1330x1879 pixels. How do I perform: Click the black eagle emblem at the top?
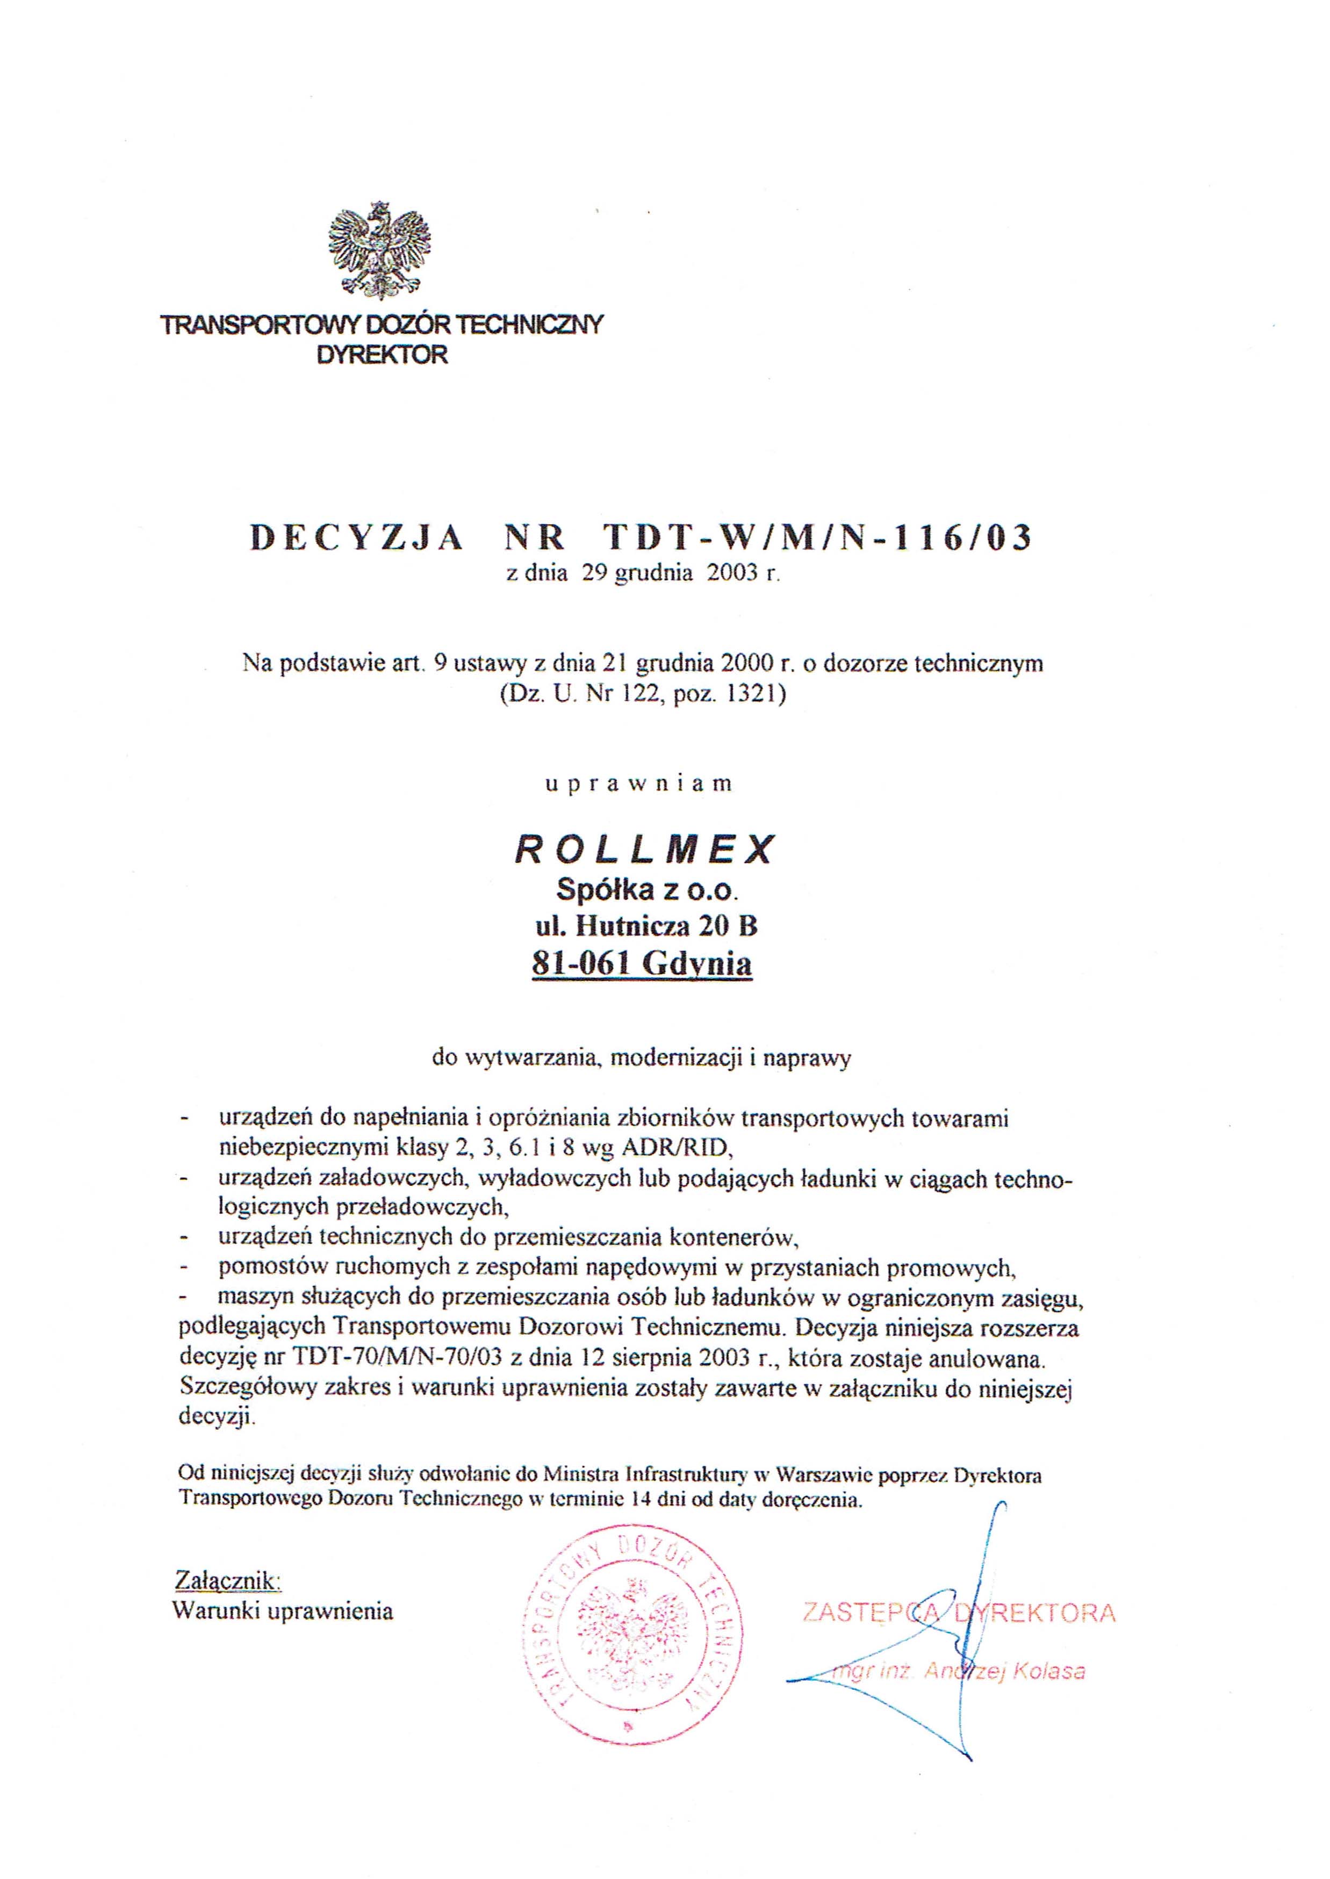coord(379,251)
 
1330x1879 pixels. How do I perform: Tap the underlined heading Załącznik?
coord(228,1579)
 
